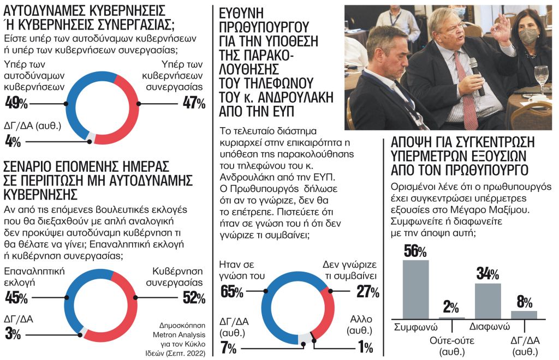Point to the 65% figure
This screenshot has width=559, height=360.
pyautogui.click(x=232, y=292)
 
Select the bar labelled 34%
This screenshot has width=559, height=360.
pyautogui.click(x=487, y=301)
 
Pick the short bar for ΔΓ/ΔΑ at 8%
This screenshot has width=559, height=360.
pyautogui.click(x=524, y=314)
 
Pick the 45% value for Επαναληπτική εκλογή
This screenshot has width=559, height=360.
pyautogui.click(x=16, y=298)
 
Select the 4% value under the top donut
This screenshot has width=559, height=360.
pyautogui.click(x=13, y=142)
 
